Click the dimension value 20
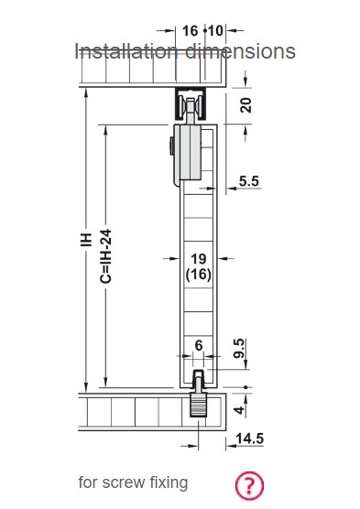click(x=246, y=105)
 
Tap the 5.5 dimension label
click(x=249, y=181)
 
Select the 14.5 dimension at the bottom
click(x=249, y=439)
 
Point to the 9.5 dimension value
click(x=239, y=348)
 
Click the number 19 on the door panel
click(x=199, y=259)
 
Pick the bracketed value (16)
click(x=199, y=275)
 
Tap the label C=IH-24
click(x=106, y=256)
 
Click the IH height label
click(x=86, y=240)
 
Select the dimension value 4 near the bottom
click(x=239, y=409)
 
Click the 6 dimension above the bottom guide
click(x=199, y=345)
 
